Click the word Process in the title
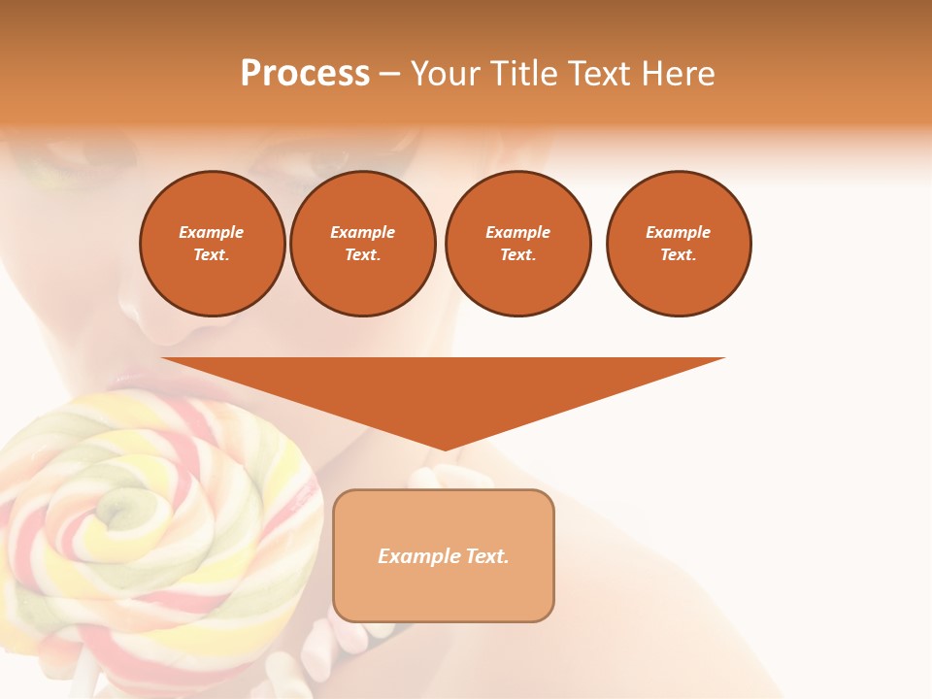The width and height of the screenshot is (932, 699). point(305,74)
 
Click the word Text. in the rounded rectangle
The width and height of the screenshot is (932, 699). point(485,556)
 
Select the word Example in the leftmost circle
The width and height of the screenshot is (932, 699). point(212,232)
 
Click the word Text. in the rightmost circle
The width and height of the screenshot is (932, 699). point(678,254)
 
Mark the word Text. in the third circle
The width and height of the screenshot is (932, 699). point(517,254)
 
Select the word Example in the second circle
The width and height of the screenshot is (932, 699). point(362,232)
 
